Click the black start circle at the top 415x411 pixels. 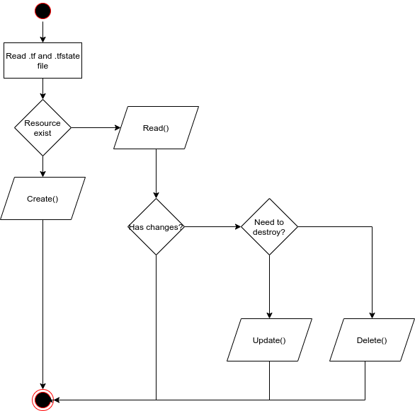point(42,11)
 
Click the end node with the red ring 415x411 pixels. point(42,400)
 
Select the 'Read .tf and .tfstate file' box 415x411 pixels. point(42,61)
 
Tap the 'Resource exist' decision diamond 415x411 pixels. point(42,127)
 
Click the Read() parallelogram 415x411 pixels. point(156,128)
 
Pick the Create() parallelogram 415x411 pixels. point(42,199)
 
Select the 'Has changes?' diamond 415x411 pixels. point(156,227)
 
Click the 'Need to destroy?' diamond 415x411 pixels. point(269,227)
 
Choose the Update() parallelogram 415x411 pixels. point(269,340)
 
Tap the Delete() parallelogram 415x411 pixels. point(372,340)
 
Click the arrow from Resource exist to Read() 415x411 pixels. point(96,128)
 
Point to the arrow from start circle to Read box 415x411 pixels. point(42,32)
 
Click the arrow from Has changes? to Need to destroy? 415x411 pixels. point(212,227)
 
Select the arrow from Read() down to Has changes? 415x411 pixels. point(156,173)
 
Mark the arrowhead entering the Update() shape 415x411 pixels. point(269,315)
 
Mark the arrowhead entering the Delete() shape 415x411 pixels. point(372,315)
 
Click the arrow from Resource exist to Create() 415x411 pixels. point(42,166)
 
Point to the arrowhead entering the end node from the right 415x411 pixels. point(57,400)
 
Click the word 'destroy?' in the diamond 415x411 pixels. point(269,232)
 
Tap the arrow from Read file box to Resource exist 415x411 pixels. point(42,88)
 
